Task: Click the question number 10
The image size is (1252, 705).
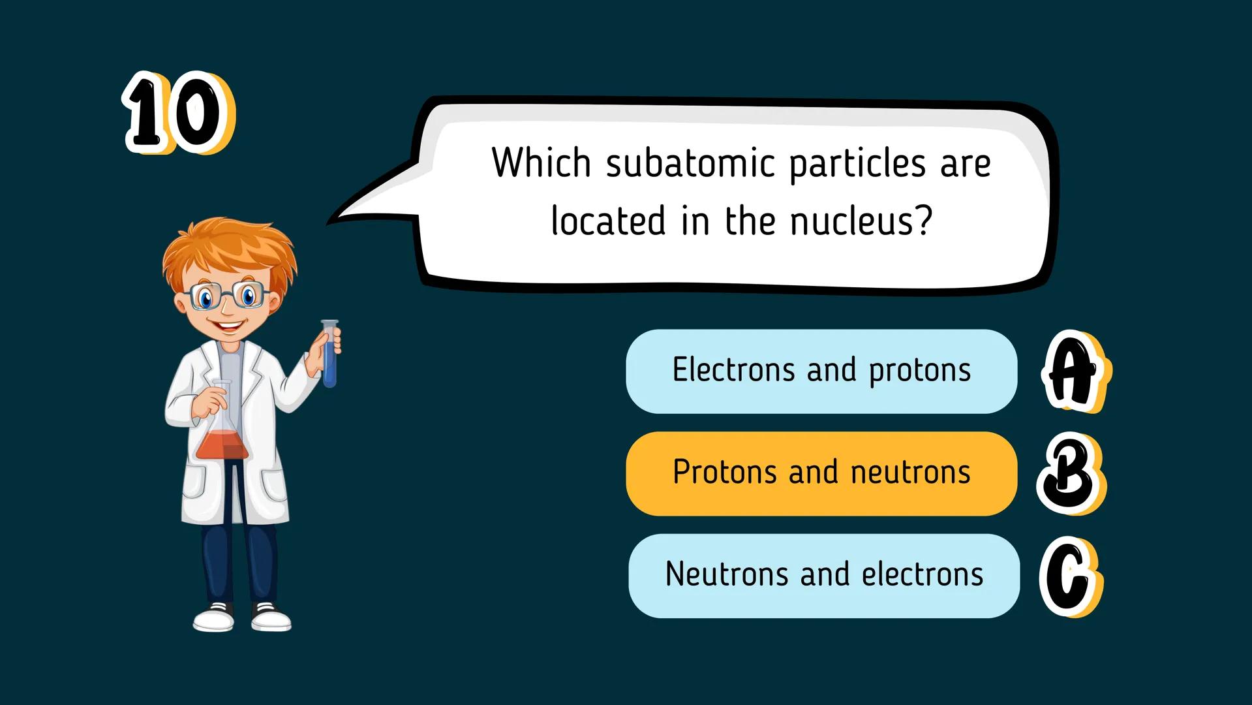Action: tap(178, 113)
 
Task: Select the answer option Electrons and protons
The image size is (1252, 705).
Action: tap(821, 371)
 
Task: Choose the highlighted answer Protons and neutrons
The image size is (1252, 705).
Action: tap(821, 473)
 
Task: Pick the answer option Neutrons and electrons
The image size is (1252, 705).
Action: tap(823, 575)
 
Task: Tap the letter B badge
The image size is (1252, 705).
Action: tap(1070, 473)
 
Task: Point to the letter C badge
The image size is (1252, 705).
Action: tap(1069, 576)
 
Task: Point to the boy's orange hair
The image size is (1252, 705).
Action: tap(228, 251)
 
